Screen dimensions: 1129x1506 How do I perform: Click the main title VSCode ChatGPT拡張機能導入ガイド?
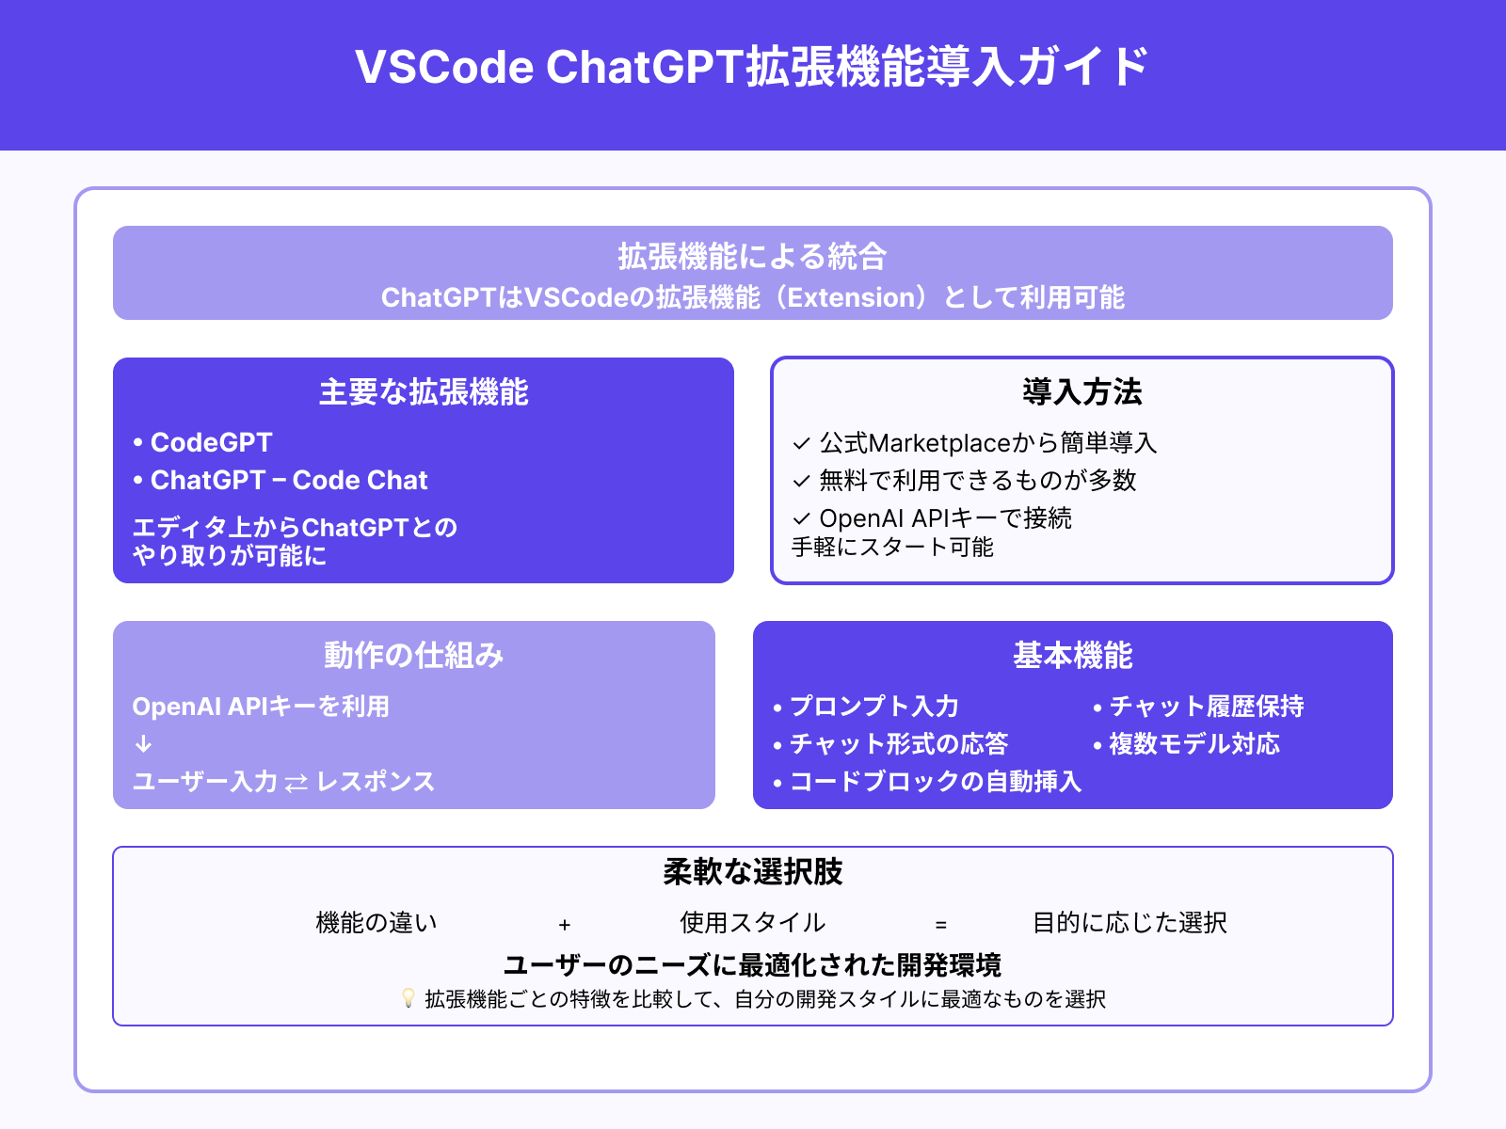tap(752, 67)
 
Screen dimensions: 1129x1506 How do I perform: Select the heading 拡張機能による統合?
tap(752, 256)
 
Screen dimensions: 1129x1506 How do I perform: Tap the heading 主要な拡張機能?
tap(424, 392)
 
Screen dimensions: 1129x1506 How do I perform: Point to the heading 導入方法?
tap(1081, 392)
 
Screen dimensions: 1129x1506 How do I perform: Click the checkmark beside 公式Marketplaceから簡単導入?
tap(802, 443)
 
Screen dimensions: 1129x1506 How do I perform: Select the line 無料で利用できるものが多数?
tap(977, 480)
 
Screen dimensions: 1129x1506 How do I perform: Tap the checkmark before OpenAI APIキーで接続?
tap(802, 518)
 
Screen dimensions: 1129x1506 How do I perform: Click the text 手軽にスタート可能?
tap(892, 547)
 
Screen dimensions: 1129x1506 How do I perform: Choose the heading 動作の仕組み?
tap(414, 656)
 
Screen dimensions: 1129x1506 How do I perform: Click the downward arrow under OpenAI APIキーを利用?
tap(143, 744)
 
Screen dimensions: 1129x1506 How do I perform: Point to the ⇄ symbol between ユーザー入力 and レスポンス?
tap(296, 783)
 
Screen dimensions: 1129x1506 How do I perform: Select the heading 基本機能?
tap(1072, 656)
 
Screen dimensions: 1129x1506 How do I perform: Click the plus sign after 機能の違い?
tap(565, 925)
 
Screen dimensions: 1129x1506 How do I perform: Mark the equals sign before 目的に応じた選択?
tap(941, 925)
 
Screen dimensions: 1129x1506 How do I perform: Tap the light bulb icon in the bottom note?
tap(409, 998)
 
